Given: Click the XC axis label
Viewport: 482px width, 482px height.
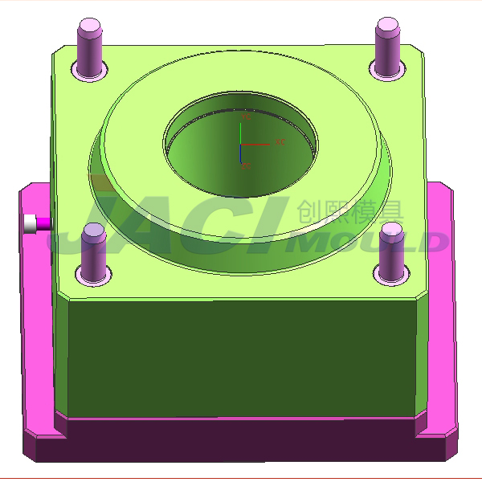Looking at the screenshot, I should coord(280,142).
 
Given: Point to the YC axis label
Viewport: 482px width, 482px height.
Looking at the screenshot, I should coord(246,117).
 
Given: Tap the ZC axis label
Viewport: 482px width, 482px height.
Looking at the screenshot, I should coord(245,166).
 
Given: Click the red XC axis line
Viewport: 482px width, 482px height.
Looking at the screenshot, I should coord(257,145).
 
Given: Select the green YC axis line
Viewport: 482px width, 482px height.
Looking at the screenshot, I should coord(242,133).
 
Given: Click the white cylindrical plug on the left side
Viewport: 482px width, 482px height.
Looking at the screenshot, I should coord(32,224).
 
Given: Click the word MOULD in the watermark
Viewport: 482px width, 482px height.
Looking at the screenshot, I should coord(370,241).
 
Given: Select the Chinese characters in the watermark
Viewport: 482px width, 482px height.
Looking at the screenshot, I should coord(349,212).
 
